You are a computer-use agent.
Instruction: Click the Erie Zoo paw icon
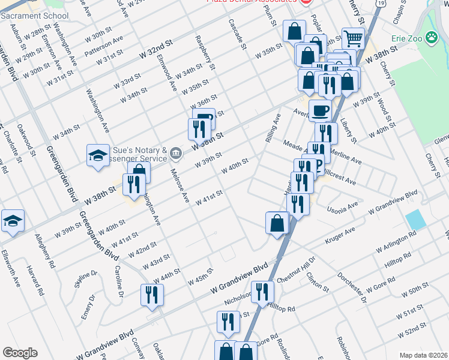coord(432,38)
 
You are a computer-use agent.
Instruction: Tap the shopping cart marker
coord(353,39)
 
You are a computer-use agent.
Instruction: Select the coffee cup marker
coord(320,110)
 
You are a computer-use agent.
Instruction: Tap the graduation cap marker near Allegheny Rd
coord(13,220)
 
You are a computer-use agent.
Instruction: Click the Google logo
coord(20,352)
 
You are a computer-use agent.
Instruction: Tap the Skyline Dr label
coord(86,280)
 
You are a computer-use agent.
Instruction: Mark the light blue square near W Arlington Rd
coord(415,219)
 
